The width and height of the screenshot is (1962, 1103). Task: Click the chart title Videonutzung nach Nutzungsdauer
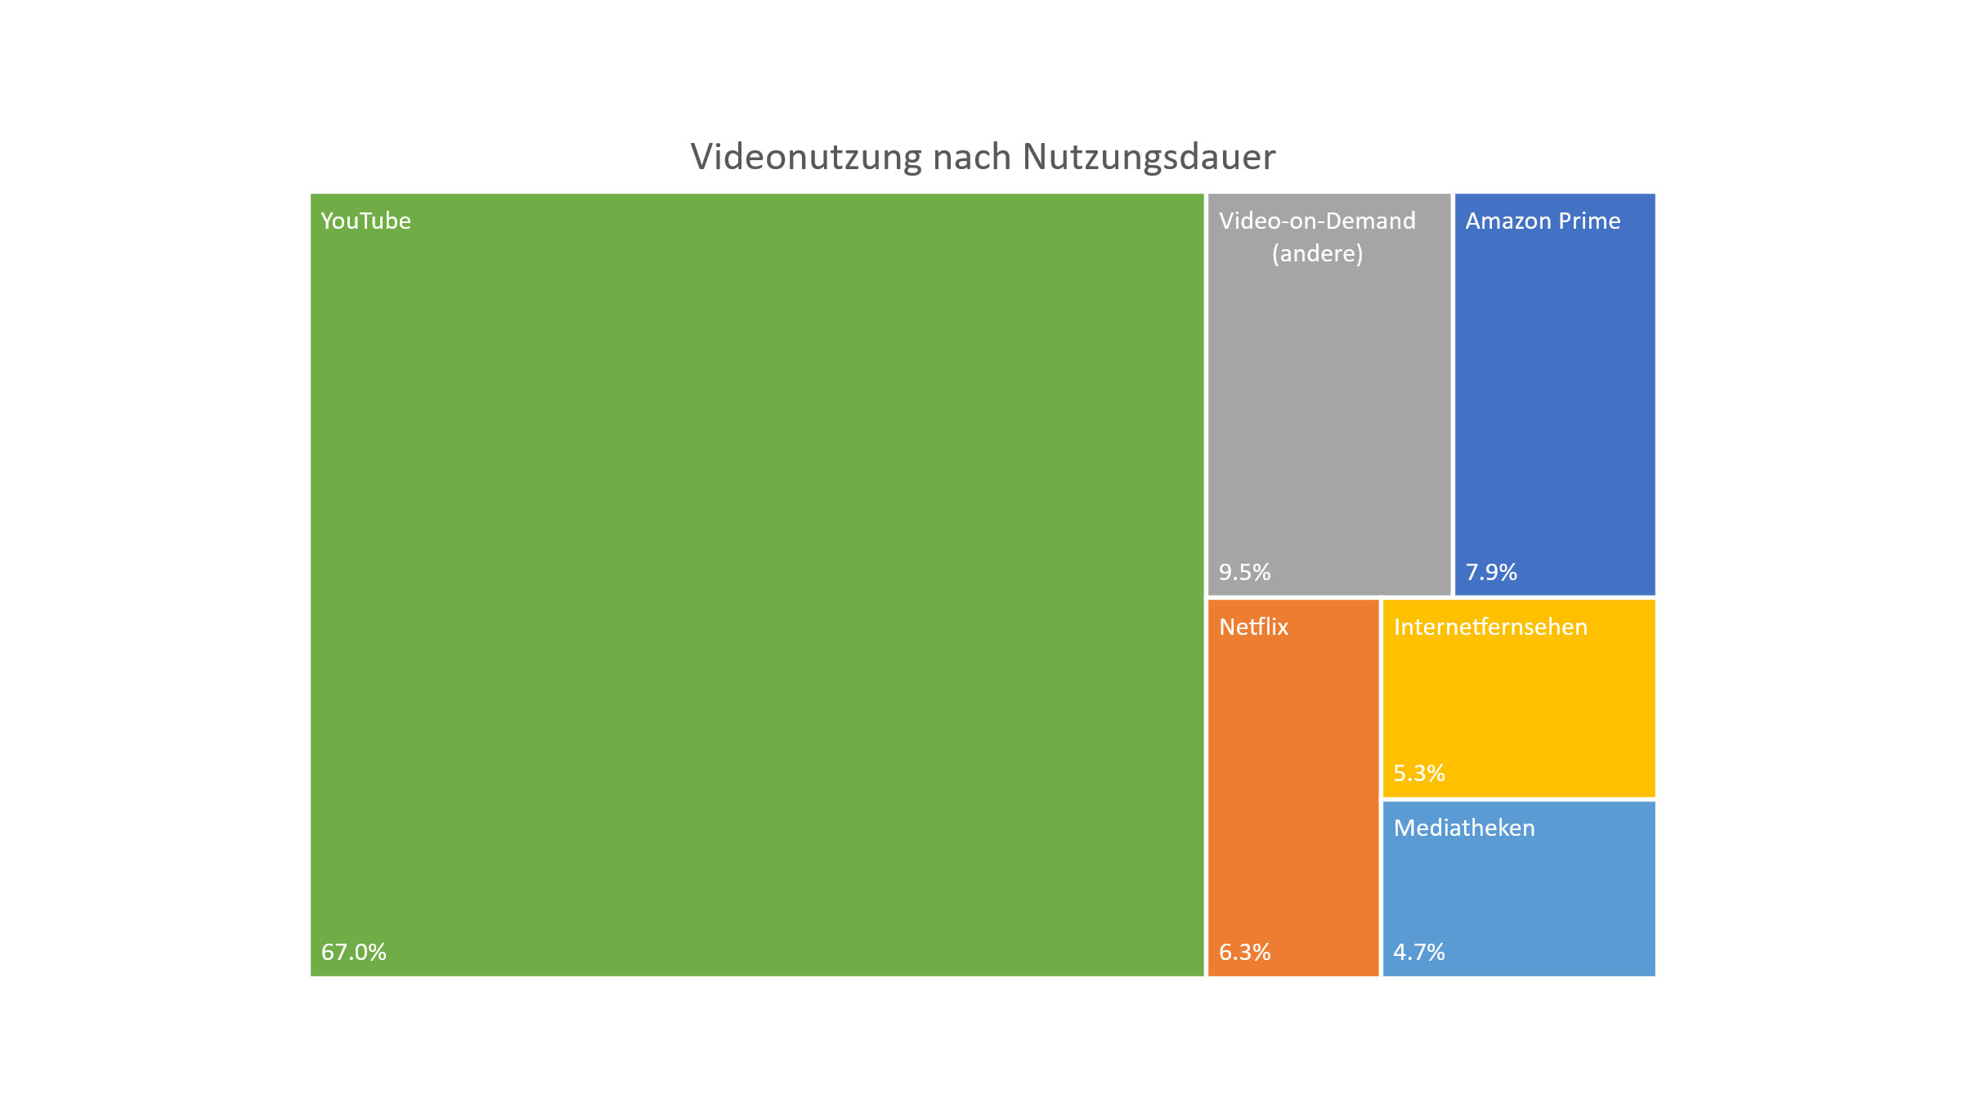pyautogui.click(x=983, y=157)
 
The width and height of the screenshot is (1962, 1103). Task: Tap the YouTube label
pyautogui.click(x=365, y=221)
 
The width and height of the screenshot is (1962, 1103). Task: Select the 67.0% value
pyautogui.click(x=353, y=952)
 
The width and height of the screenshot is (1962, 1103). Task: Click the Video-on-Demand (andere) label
pyautogui.click(x=1317, y=237)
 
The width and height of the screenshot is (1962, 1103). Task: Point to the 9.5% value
pyautogui.click(x=1244, y=572)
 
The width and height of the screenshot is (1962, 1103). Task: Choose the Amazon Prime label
pyautogui.click(x=1543, y=221)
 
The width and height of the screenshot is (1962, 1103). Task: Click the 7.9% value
pyautogui.click(x=1491, y=572)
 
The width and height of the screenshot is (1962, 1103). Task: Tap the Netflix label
pyautogui.click(x=1253, y=627)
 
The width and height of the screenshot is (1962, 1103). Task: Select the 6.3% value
pyautogui.click(x=1244, y=952)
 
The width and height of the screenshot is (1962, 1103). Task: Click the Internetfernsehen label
pyautogui.click(x=1490, y=627)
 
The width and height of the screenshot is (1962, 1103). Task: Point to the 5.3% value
pyautogui.click(x=1419, y=773)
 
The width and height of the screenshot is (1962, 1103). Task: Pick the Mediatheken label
pyautogui.click(x=1464, y=828)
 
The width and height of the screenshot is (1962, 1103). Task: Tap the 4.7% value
pyautogui.click(x=1419, y=952)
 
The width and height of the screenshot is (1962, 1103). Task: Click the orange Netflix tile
pyautogui.click(x=1293, y=784)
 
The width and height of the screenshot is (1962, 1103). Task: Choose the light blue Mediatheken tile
pyautogui.click(x=1519, y=891)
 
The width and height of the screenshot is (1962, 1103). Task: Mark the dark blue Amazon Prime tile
pyautogui.click(x=1555, y=392)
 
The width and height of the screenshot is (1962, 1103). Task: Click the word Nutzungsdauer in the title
pyautogui.click(x=1149, y=157)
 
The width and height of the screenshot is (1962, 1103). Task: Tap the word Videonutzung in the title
pyautogui.click(x=806, y=157)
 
